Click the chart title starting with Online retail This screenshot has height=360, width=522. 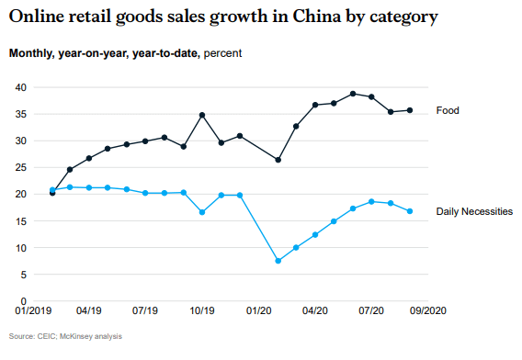coord(223,17)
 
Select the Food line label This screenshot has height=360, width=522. coord(448,110)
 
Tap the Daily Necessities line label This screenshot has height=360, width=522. coord(474,211)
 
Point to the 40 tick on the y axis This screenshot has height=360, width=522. coord(20,87)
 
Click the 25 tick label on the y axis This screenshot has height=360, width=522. coord(20,168)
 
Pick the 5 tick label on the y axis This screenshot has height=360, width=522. coord(23,275)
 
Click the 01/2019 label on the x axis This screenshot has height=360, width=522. coord(33,312)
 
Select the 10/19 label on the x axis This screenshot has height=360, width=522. coord(202,312)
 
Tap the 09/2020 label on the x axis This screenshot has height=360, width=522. coord(427,312)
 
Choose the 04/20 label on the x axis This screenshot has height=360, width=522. coord(315,312)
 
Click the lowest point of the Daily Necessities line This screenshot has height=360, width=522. coord(278,261)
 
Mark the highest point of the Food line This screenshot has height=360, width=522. coord(353,94)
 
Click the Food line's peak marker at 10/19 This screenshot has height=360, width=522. coord(202,115)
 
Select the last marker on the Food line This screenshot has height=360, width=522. coord(410,110)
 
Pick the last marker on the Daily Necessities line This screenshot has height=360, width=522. coord(410,211)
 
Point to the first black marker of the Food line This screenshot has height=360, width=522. coord(52,193)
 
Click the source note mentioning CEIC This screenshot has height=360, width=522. coord(65,336)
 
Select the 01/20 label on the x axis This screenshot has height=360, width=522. coord(258,312)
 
